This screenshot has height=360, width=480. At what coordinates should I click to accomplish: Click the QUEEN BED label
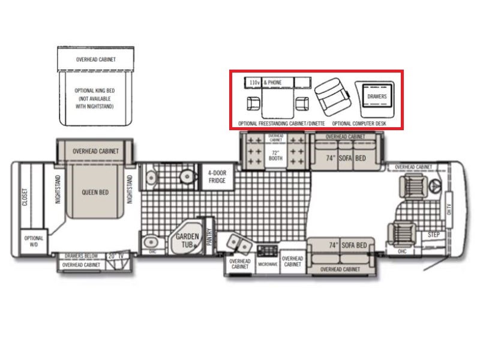(95, 193)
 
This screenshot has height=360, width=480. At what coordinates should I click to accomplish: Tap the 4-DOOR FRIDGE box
(216, 176)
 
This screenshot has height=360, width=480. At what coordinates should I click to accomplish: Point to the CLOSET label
(25, 196)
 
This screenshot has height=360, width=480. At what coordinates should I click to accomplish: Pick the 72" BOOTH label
(275, 157)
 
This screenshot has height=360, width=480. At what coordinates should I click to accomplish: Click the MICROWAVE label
(268, 263)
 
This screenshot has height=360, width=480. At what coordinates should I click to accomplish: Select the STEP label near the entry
(434, 235)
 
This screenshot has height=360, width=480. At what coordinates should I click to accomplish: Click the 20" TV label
(114, 256)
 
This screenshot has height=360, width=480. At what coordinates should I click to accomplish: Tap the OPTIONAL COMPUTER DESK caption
(358, 122)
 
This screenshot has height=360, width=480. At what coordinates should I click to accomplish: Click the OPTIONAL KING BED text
(95, 91)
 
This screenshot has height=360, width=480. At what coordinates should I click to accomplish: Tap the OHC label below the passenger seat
(401, 251)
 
